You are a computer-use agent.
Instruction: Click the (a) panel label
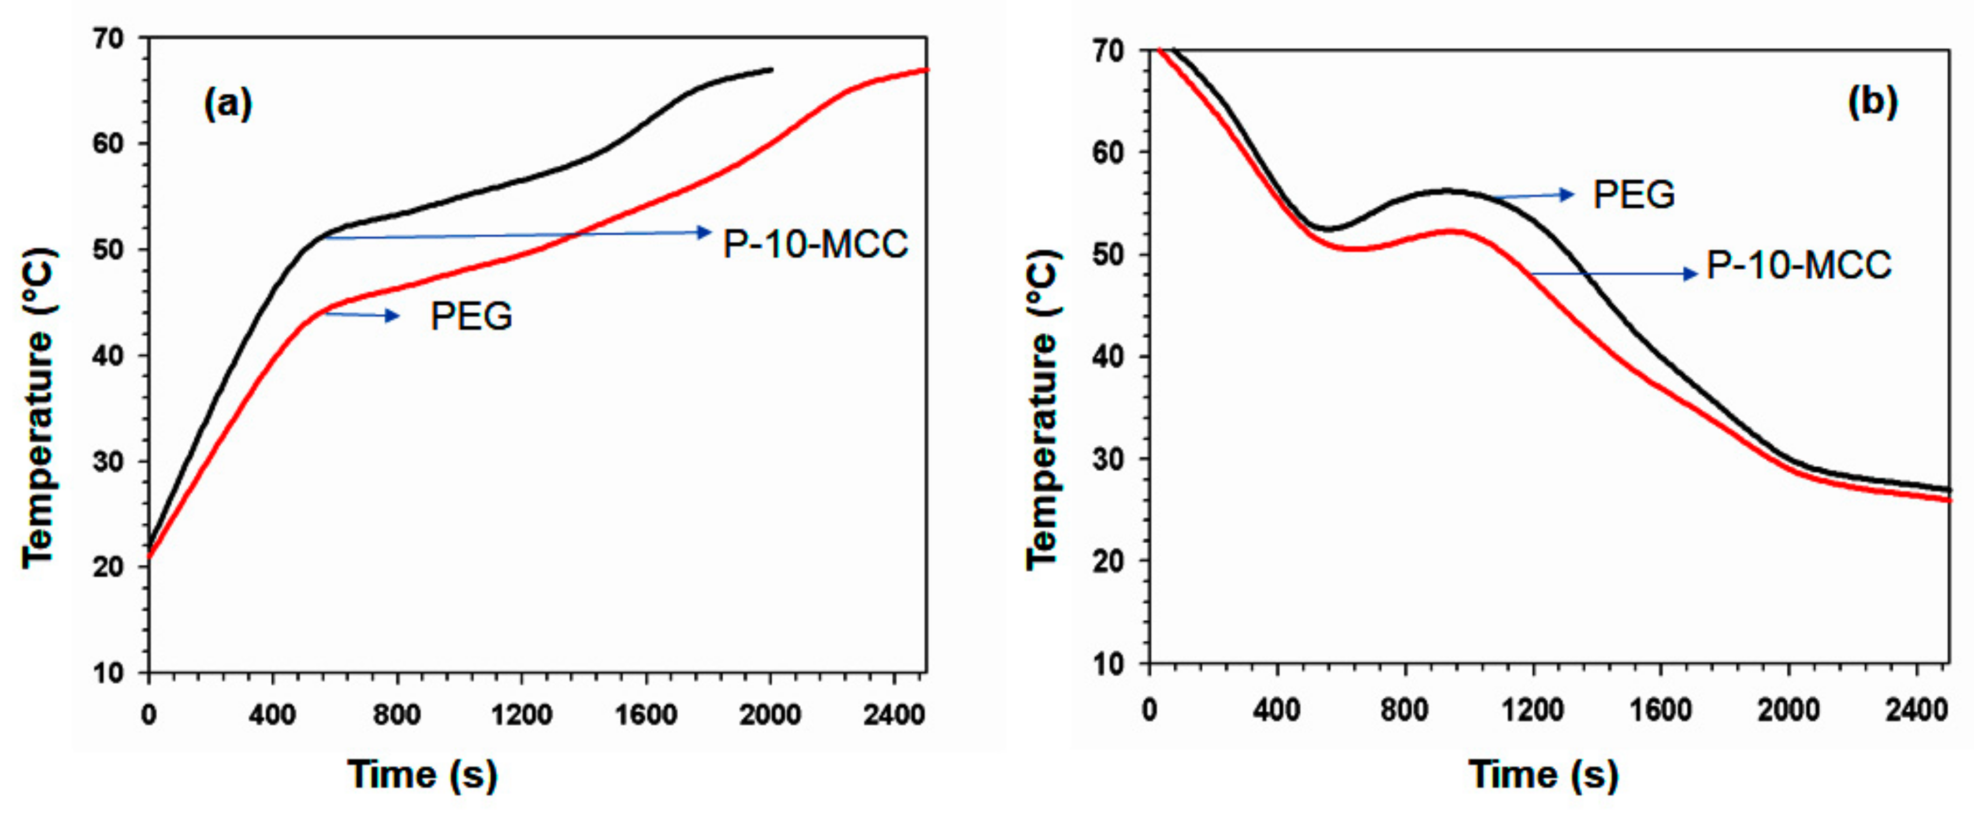(x=228, y=103)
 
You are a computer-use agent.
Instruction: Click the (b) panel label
(x=1872, y=102)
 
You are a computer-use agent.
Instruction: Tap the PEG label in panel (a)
(x=471, y=317)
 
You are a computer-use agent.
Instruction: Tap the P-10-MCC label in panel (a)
(x=815, y=244)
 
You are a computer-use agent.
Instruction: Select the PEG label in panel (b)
(x=1634, y=195)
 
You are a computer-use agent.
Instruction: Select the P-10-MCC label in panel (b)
(x=1799, y=266)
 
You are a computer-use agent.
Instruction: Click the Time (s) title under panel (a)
(x=423, y=774)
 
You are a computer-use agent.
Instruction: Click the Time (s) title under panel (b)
(x=1544, y=774)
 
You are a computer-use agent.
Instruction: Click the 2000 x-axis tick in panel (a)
(x=770, y=715)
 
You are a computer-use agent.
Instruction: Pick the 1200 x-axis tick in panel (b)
(x=1532, y=710)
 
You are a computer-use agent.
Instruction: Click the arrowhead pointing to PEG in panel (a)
(x=392, y=315)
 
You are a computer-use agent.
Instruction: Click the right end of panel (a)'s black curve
(x=772, y=70)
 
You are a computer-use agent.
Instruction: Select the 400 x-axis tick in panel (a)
(x=272, y=715)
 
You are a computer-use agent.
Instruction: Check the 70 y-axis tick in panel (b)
(x=1110, y=51)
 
